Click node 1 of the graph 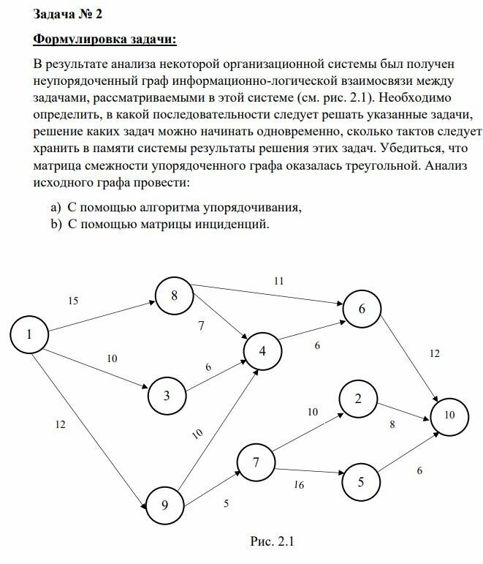(x=29, y=335)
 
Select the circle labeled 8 (x=174, y=296)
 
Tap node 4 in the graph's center (x=263, y=351)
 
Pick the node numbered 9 (x=164, y=504)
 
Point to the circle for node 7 (x=256, y=462)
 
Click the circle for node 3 (x=167, y=396)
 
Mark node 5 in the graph (x=360, y=482)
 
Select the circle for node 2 (x=358, y=399)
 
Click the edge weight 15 (x=72, y=301)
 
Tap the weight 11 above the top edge (x=278, y=280)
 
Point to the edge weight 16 (x=299, y=484)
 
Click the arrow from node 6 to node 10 (x=410, y=358)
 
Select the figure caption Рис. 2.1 (x=272, y=542)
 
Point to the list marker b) (x=56, y=225)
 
